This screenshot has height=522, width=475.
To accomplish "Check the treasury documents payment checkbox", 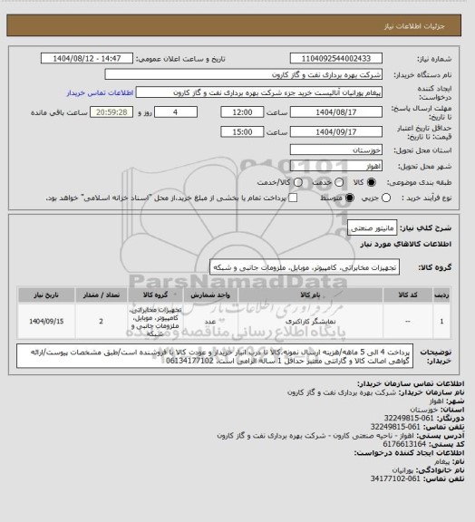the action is [291, 196].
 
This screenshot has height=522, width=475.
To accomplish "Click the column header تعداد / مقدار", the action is [100, 295].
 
